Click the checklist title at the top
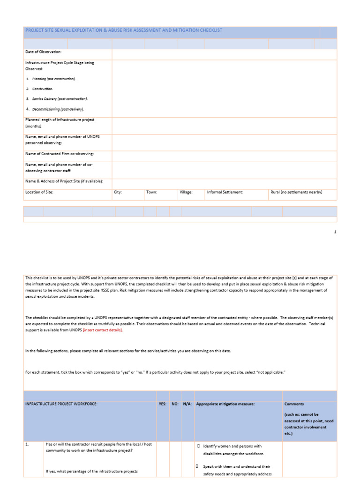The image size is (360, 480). [x=124, y=30]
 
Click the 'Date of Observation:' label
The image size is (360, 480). [x=43, y=52]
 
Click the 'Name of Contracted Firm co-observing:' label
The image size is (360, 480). [x=60, y=154]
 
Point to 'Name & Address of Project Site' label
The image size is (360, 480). [x=64, y=181]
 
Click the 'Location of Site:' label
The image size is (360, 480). [x=39, y=192]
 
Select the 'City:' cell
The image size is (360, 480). [x=118, y=192]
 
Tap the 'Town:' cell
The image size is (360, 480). [x=151, y=192]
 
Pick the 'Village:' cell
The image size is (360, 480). [x=186, y=192]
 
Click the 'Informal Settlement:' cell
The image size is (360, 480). [x=225, y=192]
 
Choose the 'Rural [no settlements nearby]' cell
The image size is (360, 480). [x=296, y=192]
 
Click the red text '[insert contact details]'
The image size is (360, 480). [x=103, y=330]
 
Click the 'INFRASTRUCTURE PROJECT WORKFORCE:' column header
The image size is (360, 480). [x=61, y=404]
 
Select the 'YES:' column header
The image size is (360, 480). [x=163, y=404]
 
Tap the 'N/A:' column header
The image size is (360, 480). [x=187, y=404]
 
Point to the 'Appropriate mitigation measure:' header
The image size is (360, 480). [x=225, y=404]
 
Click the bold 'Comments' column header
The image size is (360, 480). [x=294, y=404]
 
